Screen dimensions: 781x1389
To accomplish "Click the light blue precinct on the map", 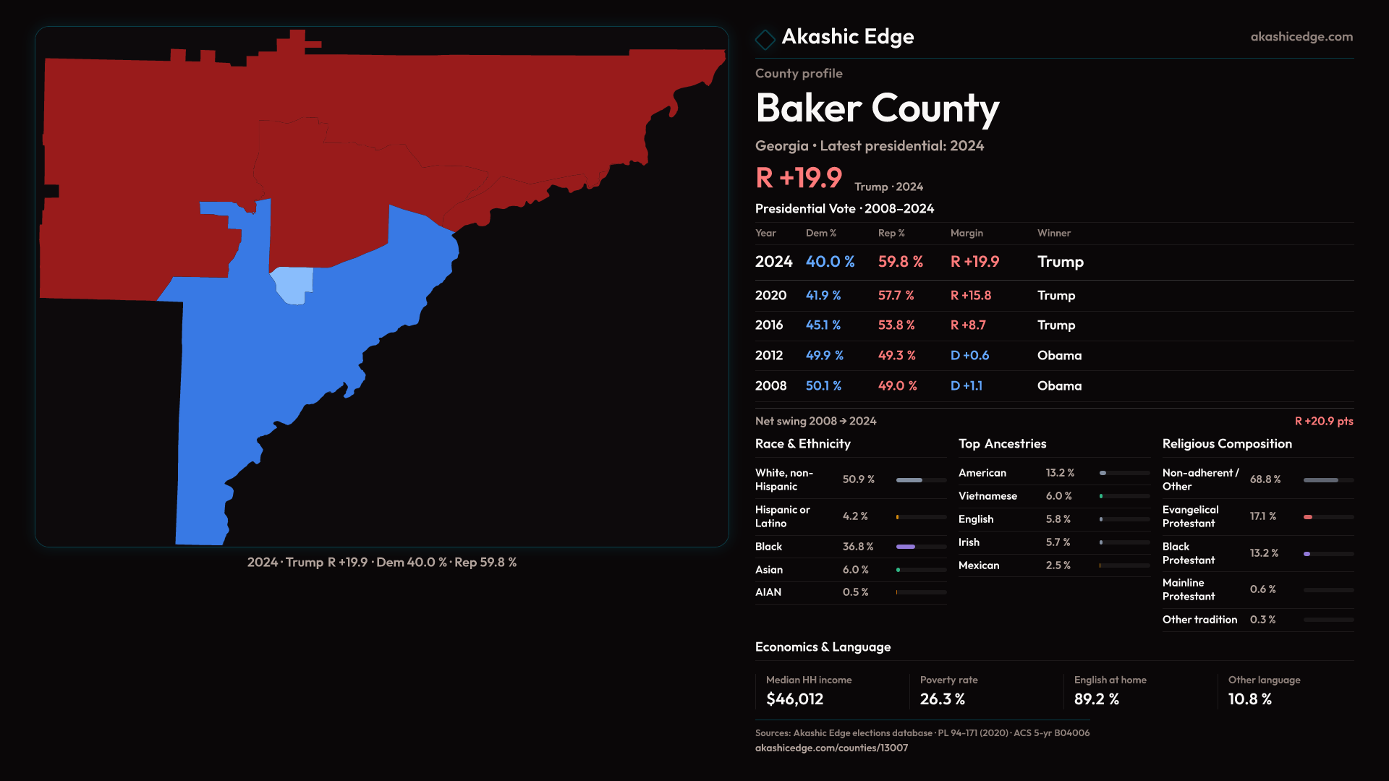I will pos(293,284).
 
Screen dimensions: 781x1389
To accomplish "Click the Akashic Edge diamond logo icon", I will pos(765,39).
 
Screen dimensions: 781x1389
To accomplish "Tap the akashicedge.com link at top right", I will pos(1301,37).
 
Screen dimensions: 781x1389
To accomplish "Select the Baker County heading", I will pos(877,108).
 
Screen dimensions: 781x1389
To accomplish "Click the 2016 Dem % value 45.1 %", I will pos(823,325).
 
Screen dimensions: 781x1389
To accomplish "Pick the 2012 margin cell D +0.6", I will pos(969,356).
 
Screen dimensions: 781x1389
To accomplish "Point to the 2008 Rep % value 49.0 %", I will pos(897,386).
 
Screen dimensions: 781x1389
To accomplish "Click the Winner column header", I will pos(1053,233).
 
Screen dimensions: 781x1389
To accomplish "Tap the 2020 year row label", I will pos(770,296).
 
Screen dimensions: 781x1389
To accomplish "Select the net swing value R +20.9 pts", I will pos(1323,421).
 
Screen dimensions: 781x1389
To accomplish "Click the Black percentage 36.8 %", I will pos(858,547).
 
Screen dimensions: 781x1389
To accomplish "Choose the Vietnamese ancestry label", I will pos(987,496).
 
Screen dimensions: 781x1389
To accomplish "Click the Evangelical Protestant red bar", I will pos(1308,517).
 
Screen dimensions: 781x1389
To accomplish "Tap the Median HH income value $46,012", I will pos(794,699).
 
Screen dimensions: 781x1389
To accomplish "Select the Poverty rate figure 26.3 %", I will pos(942,699).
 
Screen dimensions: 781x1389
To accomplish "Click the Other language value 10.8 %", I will pos(1249,699).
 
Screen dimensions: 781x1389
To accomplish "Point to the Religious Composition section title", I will pos(1227,444).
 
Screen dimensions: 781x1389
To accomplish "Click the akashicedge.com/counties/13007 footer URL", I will pos(831,748).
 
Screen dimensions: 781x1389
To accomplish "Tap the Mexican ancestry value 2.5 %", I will pos(1058,566).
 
